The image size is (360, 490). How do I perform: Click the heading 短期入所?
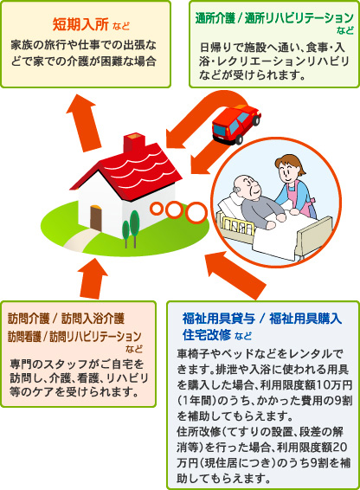80,24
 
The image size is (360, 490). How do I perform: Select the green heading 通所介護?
215,18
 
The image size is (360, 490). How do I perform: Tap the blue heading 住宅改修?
207,334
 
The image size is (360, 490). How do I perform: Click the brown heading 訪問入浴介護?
93,319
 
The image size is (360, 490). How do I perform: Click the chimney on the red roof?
134,143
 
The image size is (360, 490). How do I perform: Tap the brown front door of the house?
95,219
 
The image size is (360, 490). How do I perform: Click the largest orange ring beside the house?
196,212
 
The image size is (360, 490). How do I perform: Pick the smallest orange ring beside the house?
156,208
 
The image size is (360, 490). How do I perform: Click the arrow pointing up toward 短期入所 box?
83,123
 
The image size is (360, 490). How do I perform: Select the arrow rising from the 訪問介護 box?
93,278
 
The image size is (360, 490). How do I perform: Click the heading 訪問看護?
24,337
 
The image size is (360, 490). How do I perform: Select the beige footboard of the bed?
314,237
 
